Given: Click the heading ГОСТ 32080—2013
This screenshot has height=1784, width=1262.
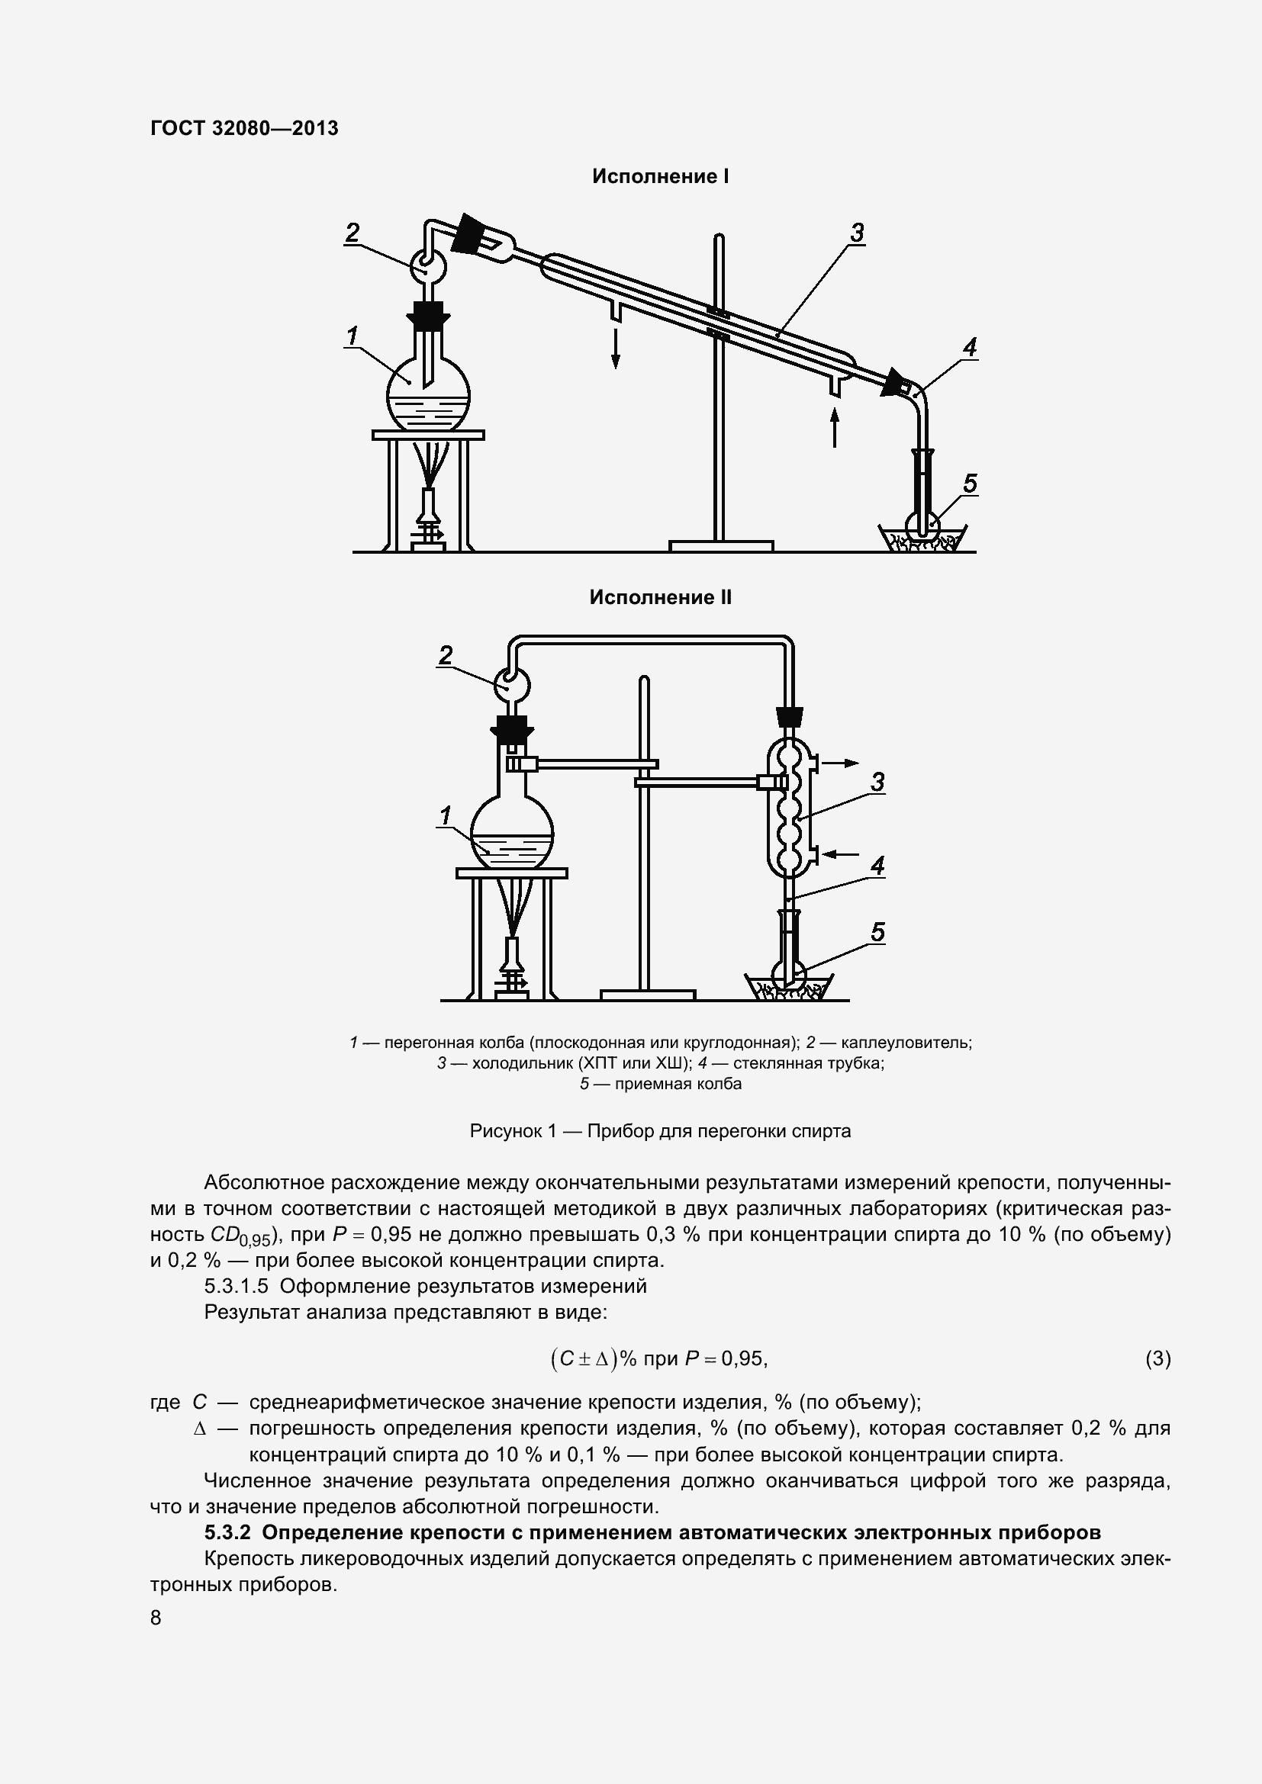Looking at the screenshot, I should (x=244, y=128).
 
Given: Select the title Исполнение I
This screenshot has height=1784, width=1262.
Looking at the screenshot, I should (x=660, y=176).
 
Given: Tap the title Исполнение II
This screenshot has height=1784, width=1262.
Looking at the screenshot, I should (x=660, y=596).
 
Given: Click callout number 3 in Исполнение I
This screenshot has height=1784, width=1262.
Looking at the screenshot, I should (x=856, y=233).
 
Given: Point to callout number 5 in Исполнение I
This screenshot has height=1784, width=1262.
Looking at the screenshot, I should (x=970, y=484).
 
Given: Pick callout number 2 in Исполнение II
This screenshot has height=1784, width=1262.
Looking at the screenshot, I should (x=445, y=655).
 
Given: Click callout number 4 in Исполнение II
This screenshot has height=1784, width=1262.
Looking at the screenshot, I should (x=877, y=866).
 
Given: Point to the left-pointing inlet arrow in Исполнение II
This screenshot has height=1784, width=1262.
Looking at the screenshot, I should (x=841, y=854).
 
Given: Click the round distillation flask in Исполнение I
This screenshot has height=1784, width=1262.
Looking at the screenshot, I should (x=428, y=397).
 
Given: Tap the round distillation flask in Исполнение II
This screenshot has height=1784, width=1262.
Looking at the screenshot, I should (x=513, y=831).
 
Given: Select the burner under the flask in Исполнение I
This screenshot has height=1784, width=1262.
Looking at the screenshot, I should (x=428, y=516).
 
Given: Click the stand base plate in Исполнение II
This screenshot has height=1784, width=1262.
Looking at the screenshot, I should (x=647, y=995).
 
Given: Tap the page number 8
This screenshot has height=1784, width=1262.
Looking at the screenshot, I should (x=156, y=1618).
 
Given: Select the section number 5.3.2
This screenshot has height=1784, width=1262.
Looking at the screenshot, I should (x=229, y=1532).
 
